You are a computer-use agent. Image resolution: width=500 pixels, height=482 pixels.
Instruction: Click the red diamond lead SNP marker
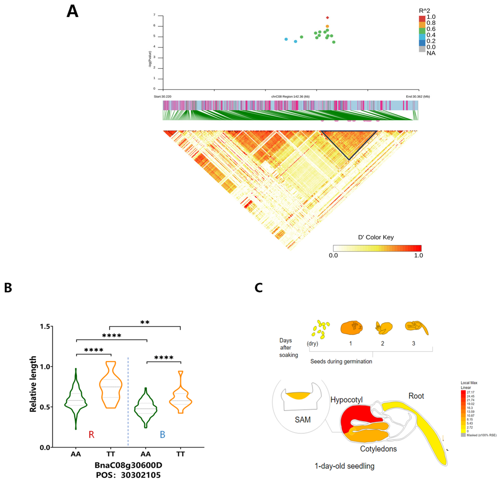pos(328,18)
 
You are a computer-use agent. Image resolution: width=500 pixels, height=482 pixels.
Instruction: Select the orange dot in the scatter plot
pos(327,26)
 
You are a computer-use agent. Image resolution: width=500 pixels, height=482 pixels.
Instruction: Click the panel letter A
pos(72,12)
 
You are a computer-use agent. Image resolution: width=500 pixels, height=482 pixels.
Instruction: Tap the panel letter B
pos(8,288)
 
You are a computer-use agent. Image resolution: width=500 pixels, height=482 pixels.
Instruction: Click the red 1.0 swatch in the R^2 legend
pos(422,19)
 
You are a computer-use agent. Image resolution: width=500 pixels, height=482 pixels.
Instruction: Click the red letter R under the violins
pos(91,434)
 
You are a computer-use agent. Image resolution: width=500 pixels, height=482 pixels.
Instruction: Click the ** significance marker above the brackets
pos(145,322)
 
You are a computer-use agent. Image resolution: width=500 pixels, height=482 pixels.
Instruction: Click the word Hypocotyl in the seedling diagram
pos(346,400)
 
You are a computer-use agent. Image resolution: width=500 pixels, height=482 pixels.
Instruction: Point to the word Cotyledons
pos(378,449)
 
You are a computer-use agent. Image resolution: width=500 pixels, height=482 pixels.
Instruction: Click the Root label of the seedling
pos(416,396)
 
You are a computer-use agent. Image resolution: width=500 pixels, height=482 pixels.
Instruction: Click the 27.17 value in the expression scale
pos(470,392)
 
